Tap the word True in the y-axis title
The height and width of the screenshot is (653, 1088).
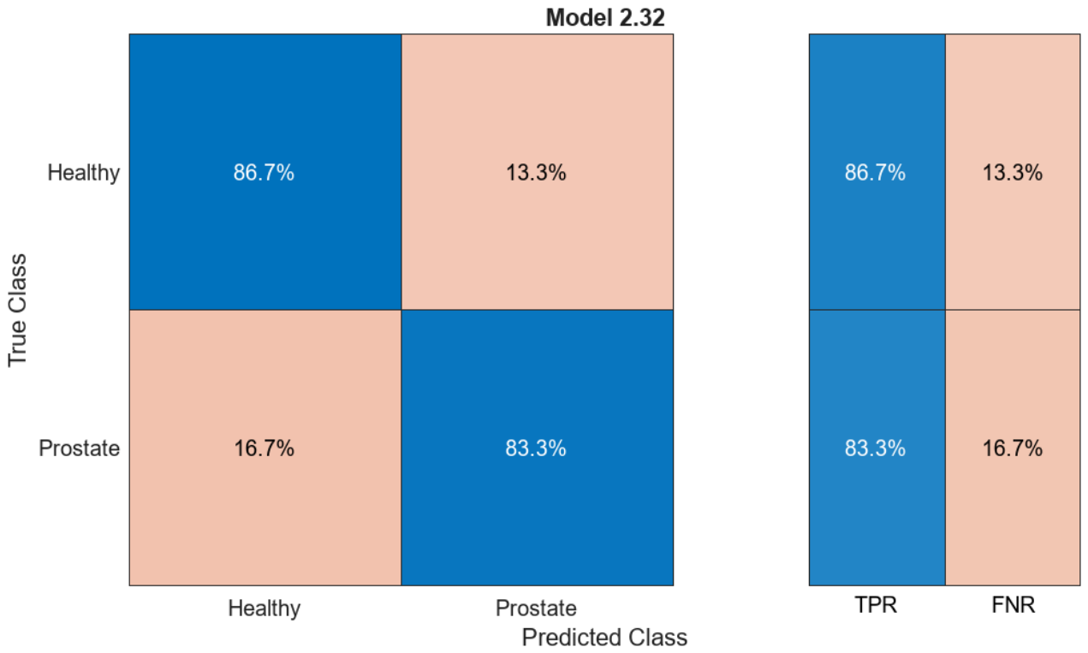[x=17, y=344]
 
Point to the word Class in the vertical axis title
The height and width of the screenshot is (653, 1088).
[x=17, y=283]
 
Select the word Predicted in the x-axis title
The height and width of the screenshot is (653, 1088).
[x=571, y=637]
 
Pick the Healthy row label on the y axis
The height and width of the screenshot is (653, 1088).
[x=84, y=174]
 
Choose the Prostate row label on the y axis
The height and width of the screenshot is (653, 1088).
[x=79, y=448]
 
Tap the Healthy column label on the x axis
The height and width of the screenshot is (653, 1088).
[x=265, y=608]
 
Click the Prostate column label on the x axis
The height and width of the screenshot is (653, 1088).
[x=536, y=608]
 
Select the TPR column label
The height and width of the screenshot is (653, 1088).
[x=876, y=605]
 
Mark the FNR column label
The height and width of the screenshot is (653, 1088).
[x=1014, y=605]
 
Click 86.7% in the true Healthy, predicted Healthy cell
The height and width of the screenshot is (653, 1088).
[x=264, y=172]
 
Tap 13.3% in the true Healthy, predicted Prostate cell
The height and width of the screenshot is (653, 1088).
[x=536, y=172]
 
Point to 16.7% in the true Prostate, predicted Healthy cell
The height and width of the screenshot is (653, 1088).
[x=265, y=448]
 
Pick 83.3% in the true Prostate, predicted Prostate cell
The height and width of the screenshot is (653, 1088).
[x=536, y=448]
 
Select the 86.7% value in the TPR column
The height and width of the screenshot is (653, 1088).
[x=875, y=172]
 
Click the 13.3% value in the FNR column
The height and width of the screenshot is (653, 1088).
[x=1013, y=172]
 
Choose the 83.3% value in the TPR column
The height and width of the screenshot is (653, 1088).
[x=875, y=448]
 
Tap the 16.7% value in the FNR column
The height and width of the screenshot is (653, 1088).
[x=1013, y=448]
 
